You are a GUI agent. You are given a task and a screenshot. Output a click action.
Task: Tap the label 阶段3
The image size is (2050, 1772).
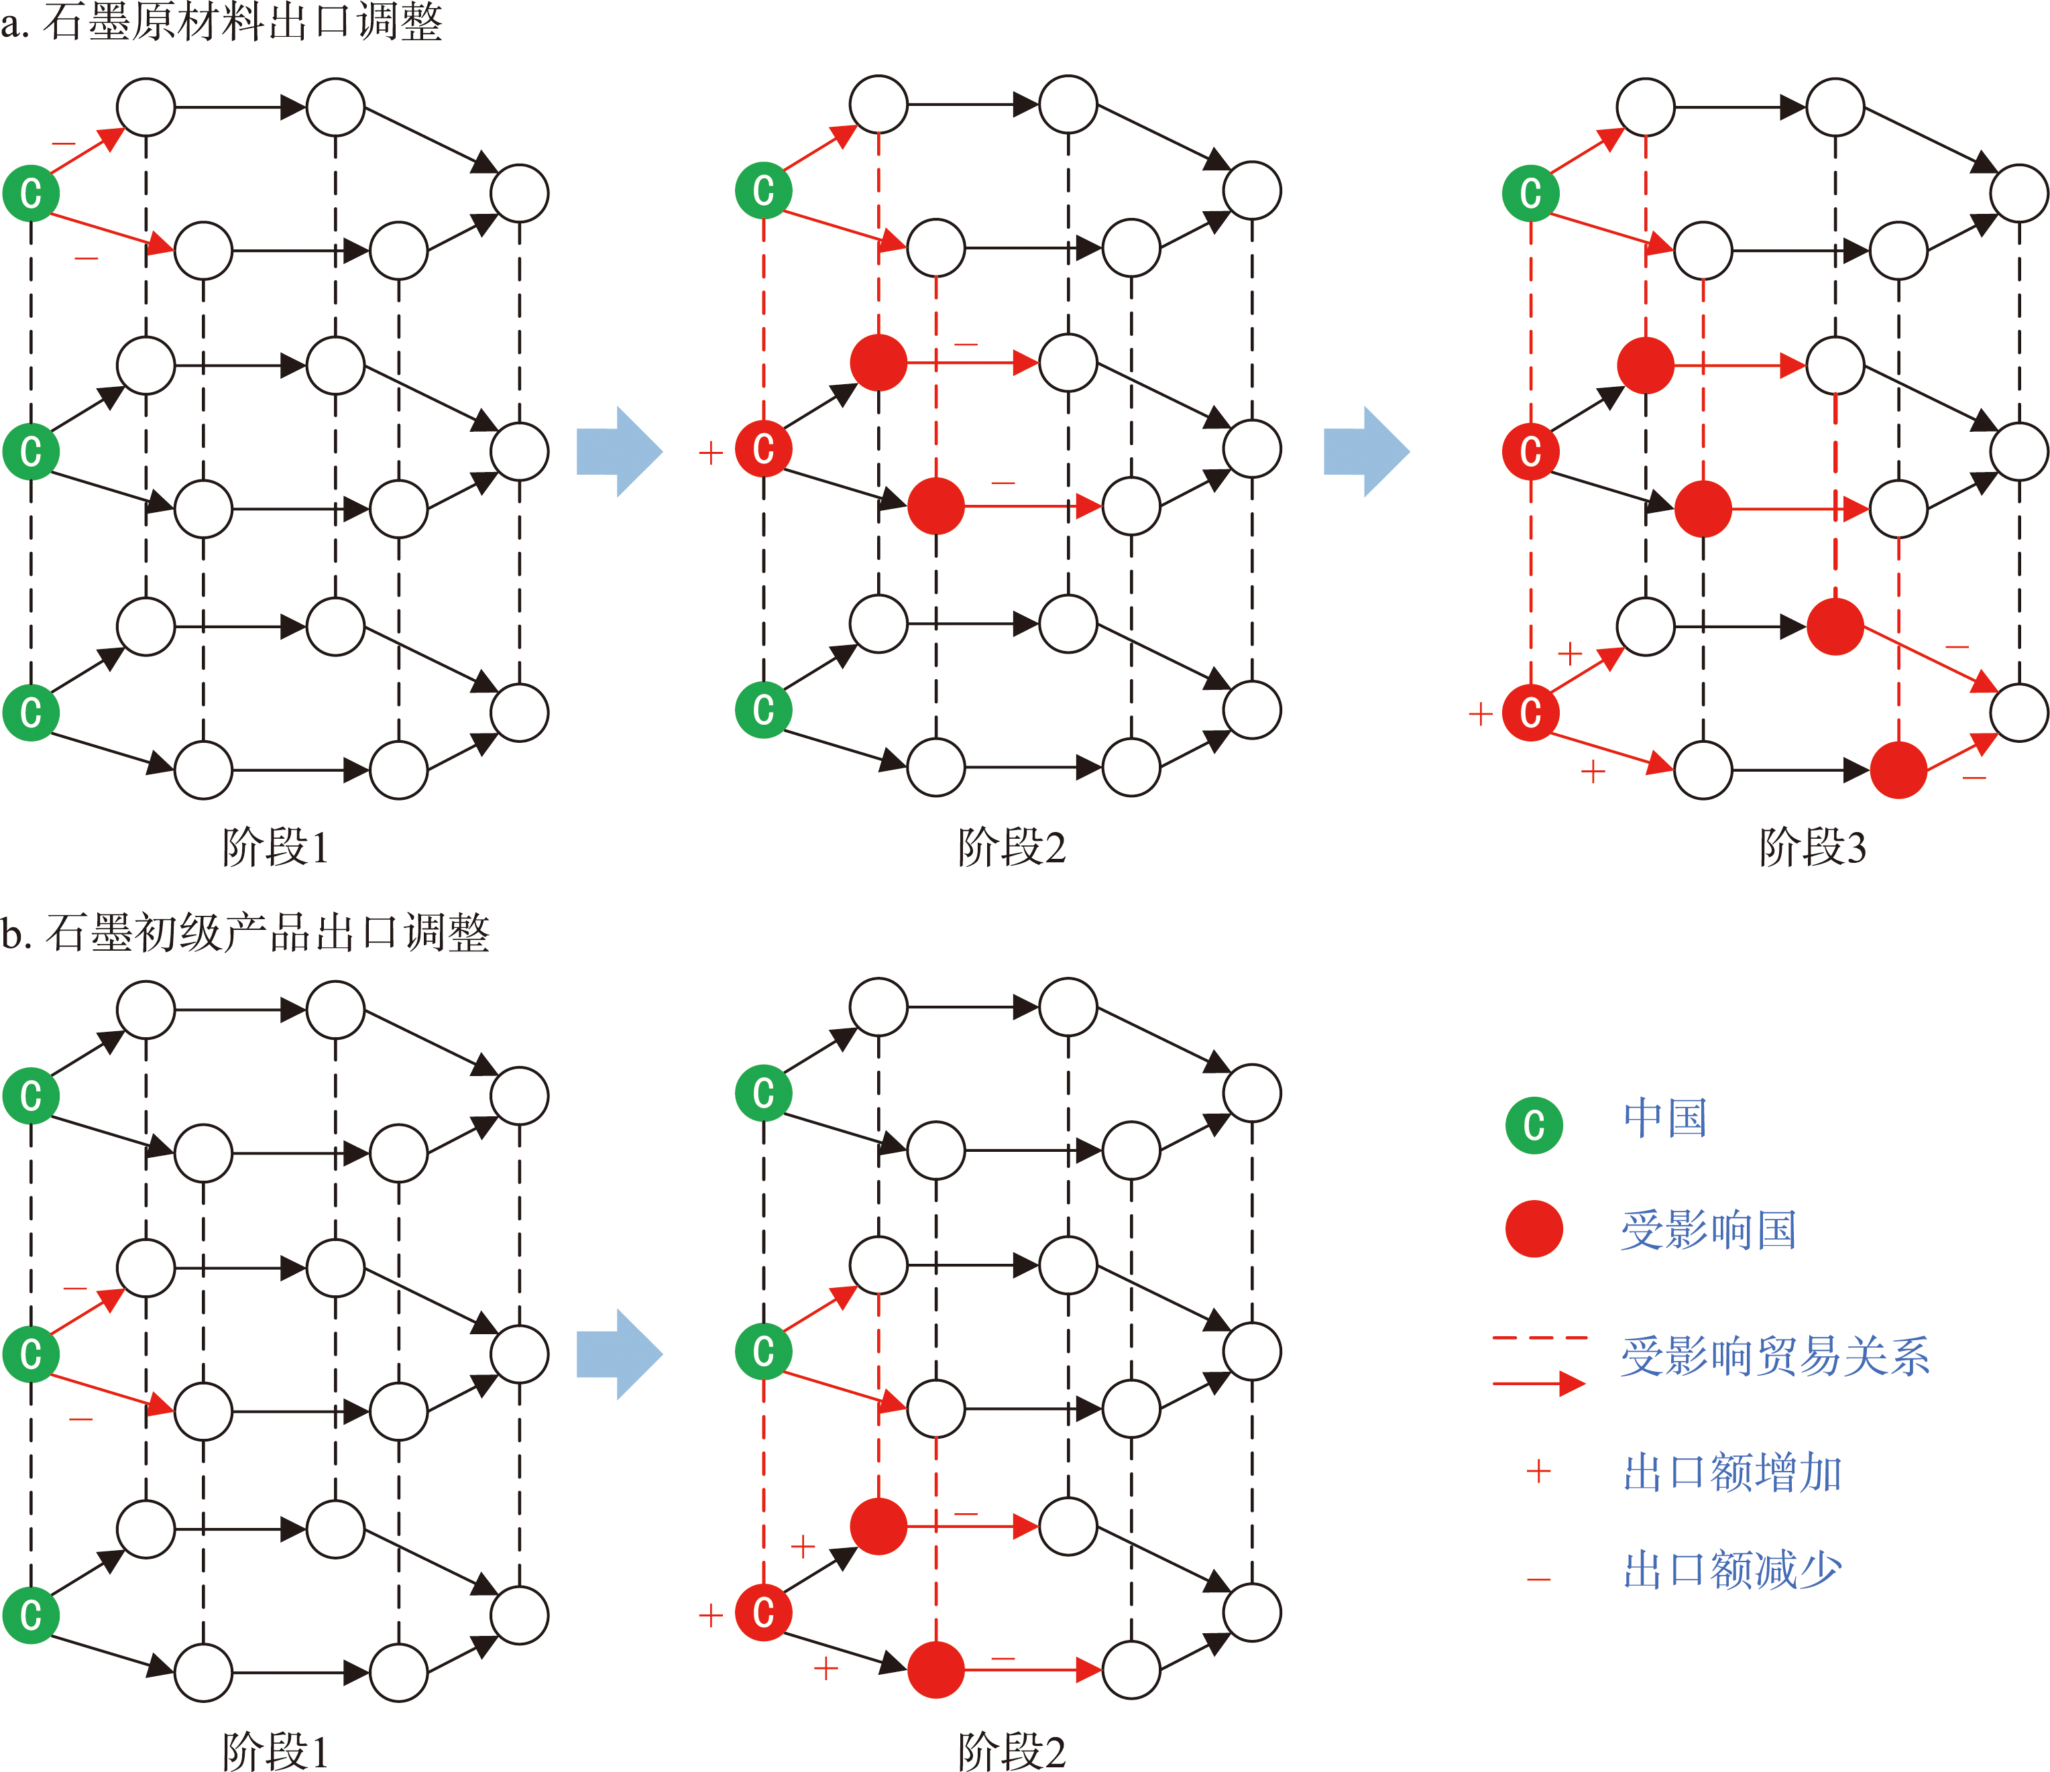[1813, 847]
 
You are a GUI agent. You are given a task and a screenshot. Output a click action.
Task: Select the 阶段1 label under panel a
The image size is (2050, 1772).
[275, 847]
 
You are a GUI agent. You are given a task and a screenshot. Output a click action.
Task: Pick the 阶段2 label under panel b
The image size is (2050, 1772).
[1011, 1751]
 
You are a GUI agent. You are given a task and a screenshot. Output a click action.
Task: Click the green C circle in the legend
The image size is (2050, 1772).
[1534, 1125]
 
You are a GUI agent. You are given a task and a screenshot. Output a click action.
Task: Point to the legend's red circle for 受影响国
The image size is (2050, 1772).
[1534, 1229]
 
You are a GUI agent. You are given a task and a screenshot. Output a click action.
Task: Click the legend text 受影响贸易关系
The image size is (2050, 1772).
[1775, 1356]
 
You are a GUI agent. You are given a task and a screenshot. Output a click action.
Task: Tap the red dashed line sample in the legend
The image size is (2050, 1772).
[1540, 1338]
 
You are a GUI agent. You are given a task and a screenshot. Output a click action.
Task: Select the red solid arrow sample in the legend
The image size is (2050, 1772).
[1540, 1383]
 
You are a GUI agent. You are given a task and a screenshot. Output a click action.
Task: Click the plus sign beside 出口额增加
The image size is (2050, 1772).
[1538, 1471]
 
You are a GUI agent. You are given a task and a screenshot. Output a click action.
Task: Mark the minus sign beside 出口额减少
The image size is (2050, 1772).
[1538, 1579]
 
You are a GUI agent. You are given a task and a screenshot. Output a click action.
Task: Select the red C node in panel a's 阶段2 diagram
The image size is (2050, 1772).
[763, 448]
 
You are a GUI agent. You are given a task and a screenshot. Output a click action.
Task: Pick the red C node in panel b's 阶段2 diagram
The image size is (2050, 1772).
[763, 1612]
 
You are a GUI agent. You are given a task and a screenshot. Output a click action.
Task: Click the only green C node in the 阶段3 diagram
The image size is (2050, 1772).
[1530, 193]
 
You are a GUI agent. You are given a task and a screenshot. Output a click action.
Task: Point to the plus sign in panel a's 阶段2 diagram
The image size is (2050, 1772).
[710, 453]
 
